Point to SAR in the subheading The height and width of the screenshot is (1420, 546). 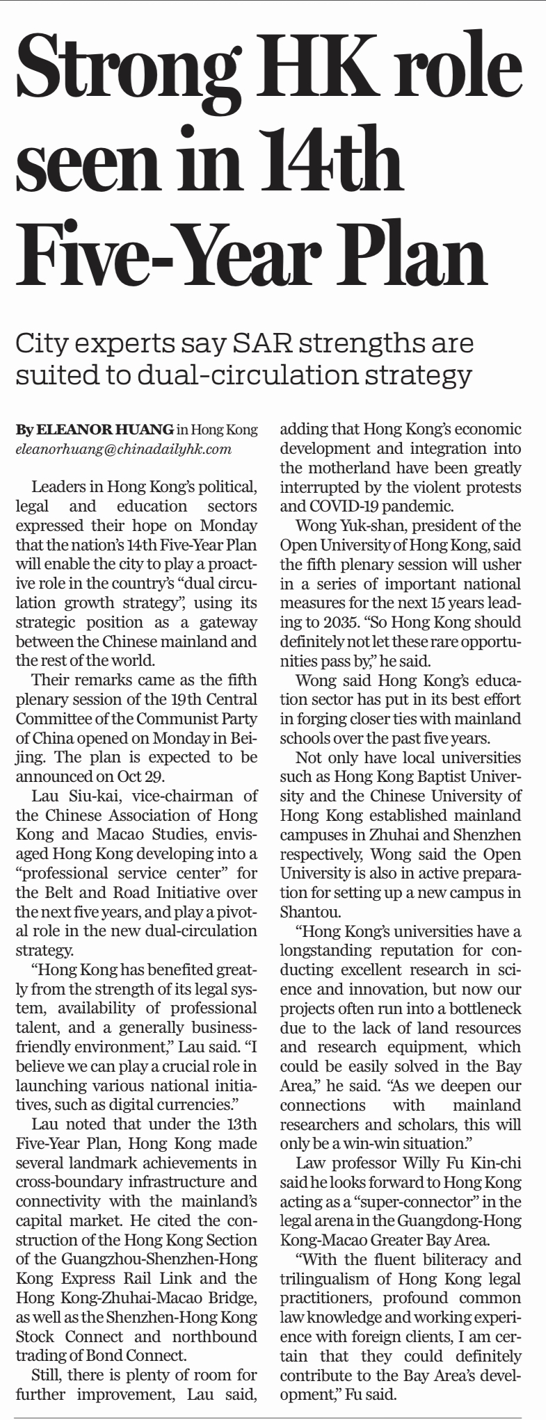click(267, 343)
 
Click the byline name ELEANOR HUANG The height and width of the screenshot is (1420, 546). click(104, 430)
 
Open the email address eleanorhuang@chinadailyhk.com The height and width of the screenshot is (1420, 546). click(123, 449)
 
